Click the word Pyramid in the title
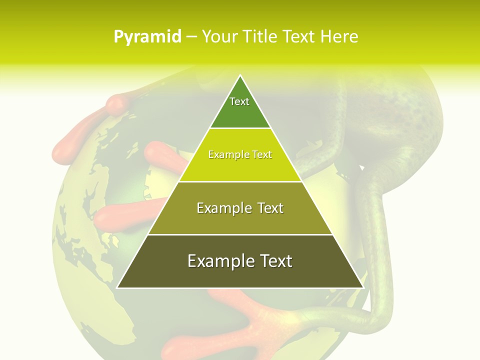coord(147,37)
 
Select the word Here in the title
coord(339,36)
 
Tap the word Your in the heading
coord(219,36)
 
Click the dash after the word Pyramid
coord(191,37)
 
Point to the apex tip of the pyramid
coord(240,76)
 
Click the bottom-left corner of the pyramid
coord(118,287)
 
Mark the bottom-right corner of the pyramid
coord(362,287)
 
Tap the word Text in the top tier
coord(239,101)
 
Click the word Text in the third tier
coord(267,208)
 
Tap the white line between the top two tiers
coord(240,128)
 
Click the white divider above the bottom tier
coord(240,234)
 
